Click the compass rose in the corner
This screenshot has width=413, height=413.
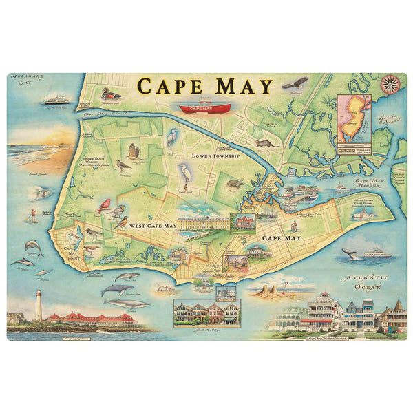click(x=390, y=85)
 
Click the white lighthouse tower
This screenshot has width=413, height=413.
click(x=39, y=305)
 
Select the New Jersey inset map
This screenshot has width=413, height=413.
click(x=353, y=118)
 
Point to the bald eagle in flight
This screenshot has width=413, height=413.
click(x=296, y=83)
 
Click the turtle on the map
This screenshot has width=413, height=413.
click(x=236, y=184)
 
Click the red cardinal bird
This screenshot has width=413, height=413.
click(x=104, y=204)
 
